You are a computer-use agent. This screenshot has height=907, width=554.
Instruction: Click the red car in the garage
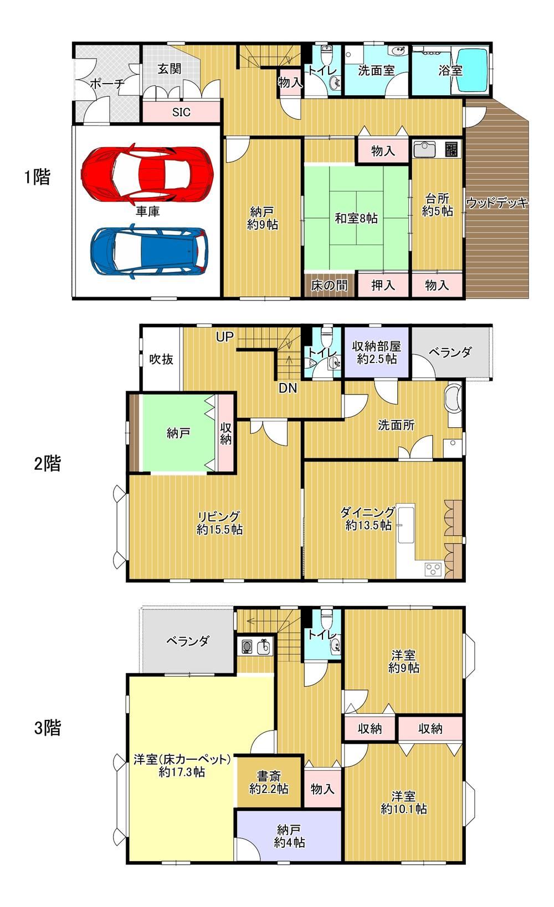click(147, 174)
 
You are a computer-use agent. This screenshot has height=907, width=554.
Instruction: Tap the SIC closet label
click(181, 112)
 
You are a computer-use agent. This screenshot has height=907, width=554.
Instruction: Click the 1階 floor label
click(37, 177)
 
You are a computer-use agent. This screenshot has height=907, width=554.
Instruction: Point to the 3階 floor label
click(48, 727)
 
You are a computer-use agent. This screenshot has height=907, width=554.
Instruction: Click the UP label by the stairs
click(224, 336)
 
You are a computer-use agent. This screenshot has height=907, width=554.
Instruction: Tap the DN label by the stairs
click(288, 388)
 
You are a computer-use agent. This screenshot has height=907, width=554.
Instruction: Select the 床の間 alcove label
click(329, 286)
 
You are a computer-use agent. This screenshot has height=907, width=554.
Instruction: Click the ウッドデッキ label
click(497, 202)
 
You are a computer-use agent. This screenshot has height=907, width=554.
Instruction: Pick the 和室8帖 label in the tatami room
click(356, 218)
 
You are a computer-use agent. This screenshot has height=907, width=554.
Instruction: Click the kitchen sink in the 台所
click(424, 149)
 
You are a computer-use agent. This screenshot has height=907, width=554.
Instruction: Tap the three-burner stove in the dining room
click(433, 569)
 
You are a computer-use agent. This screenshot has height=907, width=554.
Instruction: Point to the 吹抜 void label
click(161, 359)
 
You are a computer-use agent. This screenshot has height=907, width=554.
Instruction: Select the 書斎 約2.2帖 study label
click(269, 782)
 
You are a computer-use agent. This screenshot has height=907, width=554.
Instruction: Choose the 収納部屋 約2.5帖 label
click(377, 353)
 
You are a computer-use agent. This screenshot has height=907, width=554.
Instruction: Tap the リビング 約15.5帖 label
click(219, 523)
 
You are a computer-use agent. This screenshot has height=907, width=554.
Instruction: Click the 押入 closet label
click(383, 286)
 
